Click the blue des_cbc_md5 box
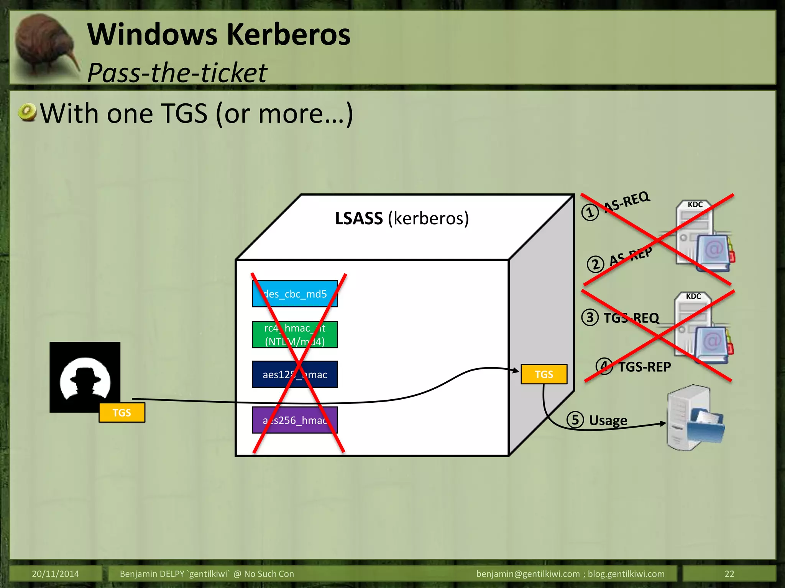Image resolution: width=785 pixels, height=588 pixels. pos(294,294)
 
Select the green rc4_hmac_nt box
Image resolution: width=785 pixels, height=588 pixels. pos(294,335)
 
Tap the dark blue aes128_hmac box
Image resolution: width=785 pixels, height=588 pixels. pos(294,374)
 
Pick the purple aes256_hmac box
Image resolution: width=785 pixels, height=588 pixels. pos(294,420)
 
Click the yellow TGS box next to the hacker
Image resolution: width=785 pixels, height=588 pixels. pos(122,413)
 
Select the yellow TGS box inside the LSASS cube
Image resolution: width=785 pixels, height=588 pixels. pos(544,374)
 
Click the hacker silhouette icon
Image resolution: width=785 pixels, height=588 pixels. pos(85,377)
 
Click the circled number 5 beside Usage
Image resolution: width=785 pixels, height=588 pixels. pos(575,420)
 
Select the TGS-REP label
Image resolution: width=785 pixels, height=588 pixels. pos(645,367)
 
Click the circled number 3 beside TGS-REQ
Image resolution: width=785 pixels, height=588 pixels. pos(590,317)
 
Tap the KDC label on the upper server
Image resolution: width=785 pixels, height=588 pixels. pos(695,204)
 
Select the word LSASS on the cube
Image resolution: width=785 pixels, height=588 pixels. pos(359,219)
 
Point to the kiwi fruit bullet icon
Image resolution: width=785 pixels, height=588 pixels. pos(27,113)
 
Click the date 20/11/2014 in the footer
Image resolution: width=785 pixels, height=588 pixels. pos(55,574)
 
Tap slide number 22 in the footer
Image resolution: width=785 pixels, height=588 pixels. pos(729,574)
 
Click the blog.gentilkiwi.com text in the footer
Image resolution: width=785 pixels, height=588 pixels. pos(626,574)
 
